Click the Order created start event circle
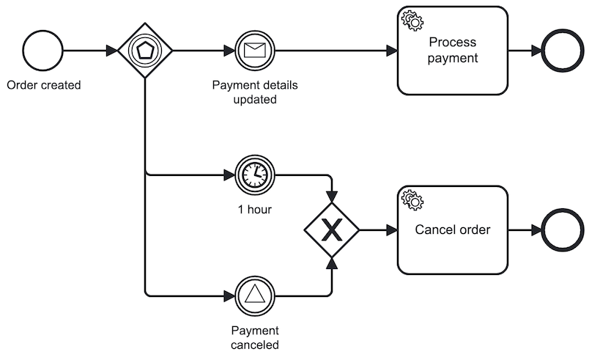[x=42, y=51]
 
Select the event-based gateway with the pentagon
[x=145, y=51]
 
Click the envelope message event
[x=253, y=51]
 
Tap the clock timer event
[x=253, y=175]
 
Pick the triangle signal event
[x=253, y=295]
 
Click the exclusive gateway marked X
[x=332, y=230]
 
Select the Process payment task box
[x=452, y=51]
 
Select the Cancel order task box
[x=452, y=230]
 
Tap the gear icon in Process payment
[x=412, y=21]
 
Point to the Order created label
[x=43, y=85]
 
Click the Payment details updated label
[x=254, y=92]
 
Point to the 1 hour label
[x=254, y=210]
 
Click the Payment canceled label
[x=254, y=337]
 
